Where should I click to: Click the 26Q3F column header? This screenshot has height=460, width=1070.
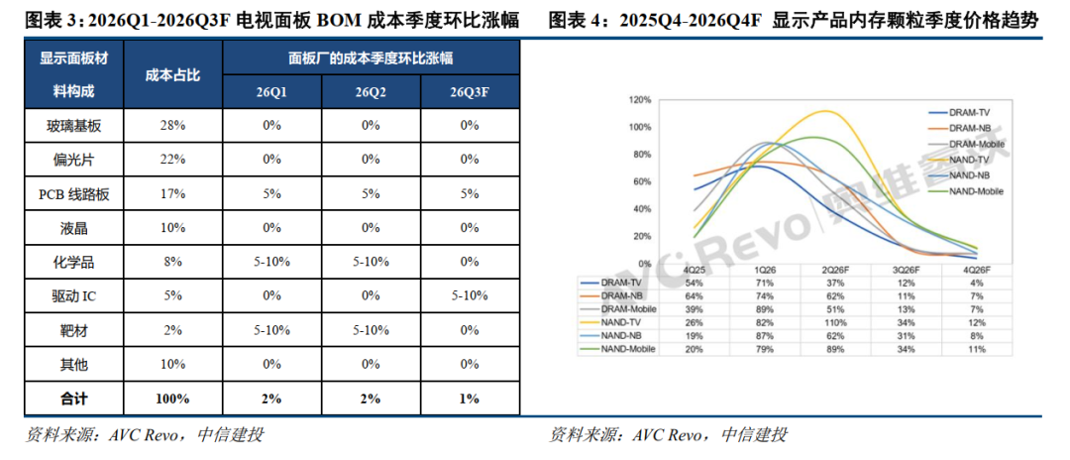(x=471, y=92)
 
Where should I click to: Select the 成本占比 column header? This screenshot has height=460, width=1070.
(x=172, y=75)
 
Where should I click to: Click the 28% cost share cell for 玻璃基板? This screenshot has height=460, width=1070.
(x=172, y=125)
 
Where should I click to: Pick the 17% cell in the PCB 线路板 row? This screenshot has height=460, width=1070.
(x=172, y=193)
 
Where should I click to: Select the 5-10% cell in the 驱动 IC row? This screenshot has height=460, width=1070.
(x=471, y=296)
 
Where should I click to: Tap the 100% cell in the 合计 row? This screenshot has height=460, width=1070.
(x=172, y=399)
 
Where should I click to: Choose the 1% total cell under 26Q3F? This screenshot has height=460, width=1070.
(x=471, y=399)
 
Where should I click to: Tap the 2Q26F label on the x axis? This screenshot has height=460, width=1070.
(x=834, y=270)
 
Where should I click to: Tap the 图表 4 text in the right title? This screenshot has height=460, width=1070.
(x=576, y=21)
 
